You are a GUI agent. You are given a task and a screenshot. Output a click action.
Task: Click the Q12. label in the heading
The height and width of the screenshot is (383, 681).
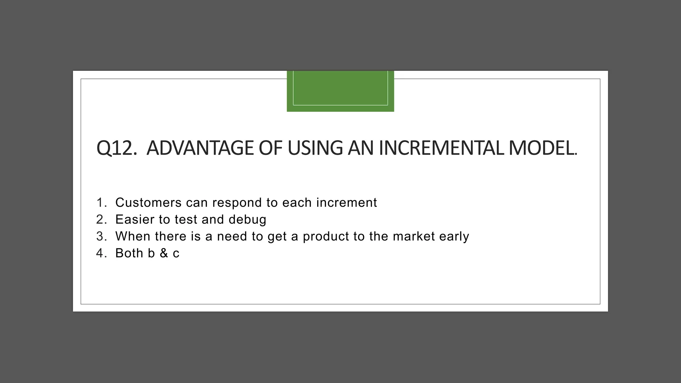116,148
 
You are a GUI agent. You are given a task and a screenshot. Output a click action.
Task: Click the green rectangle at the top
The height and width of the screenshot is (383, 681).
340,91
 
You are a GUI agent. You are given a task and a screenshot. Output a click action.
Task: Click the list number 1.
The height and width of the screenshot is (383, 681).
101,202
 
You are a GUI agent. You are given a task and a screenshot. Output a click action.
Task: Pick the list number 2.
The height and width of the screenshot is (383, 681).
101,219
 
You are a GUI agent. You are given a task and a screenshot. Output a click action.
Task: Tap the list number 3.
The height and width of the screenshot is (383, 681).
101,236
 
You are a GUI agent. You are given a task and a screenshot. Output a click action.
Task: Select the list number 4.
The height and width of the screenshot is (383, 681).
101,253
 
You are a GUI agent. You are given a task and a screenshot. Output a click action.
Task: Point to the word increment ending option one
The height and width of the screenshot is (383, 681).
346,202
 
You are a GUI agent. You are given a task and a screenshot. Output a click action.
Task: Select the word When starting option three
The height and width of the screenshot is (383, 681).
132,236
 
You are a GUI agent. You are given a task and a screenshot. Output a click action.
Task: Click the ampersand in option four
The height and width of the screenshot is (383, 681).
164,253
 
